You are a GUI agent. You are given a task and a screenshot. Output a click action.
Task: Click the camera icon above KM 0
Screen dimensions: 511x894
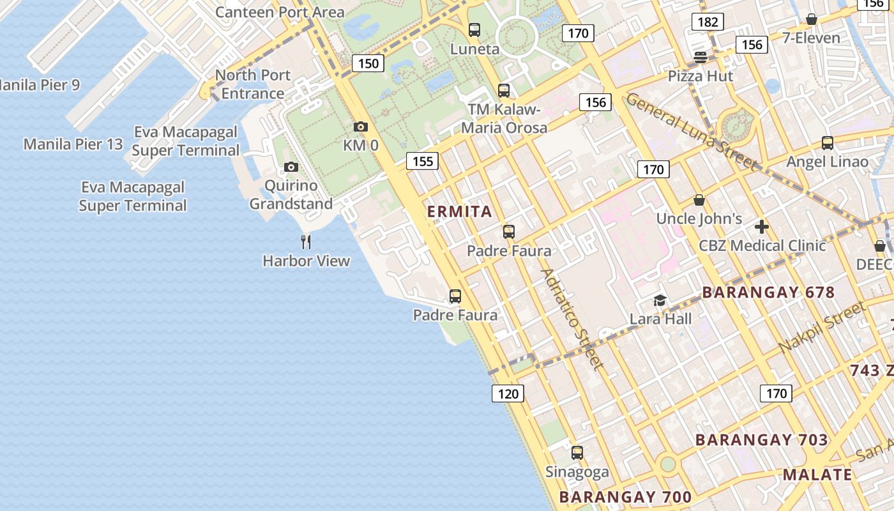(361, 126)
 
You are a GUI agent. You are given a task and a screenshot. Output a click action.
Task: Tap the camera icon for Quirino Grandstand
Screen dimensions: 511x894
(291, 167)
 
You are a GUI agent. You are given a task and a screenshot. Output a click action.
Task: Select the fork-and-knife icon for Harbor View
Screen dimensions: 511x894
(306, 241)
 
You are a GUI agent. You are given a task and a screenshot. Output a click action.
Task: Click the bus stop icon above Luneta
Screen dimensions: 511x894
(474, 29)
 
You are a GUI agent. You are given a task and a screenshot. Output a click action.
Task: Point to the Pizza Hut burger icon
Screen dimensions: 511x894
(701, 57)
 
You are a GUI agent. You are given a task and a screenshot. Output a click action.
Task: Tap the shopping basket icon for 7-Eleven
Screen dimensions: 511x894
(812, 19)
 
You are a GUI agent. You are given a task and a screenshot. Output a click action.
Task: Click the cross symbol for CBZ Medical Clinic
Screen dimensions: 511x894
(761, 226)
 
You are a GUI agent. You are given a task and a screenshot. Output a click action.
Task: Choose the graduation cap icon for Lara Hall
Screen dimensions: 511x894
(660, 300)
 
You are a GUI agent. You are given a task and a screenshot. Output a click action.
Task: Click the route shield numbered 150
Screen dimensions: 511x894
(368, 63)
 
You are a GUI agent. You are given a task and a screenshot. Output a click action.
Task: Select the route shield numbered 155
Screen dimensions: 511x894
(423, 161)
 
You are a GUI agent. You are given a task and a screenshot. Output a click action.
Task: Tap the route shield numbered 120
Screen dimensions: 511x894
(508, 393)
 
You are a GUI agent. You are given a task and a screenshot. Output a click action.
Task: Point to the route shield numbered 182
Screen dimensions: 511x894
(708, 22)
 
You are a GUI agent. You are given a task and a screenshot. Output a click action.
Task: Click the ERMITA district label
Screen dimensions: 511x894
(460, 211)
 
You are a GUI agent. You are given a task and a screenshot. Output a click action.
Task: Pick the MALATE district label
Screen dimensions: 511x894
(817, 475)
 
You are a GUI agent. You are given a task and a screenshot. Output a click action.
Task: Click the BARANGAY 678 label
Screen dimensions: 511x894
(768, 293)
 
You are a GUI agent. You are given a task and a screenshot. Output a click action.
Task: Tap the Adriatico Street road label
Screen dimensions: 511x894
(572, 319)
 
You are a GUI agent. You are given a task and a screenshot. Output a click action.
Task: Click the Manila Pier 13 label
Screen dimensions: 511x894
(73, 144)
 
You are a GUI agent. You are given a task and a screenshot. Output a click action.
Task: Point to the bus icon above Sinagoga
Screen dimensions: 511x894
(577, 453)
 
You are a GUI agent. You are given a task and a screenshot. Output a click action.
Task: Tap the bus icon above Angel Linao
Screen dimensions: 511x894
(828, 142)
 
